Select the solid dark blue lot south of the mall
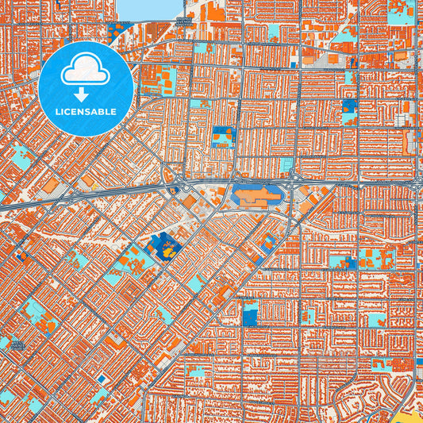coord(249,316)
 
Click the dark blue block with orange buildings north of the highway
coord(223,136)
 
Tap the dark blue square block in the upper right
coord(349,106)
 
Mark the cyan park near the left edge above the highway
coord(20,156)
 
